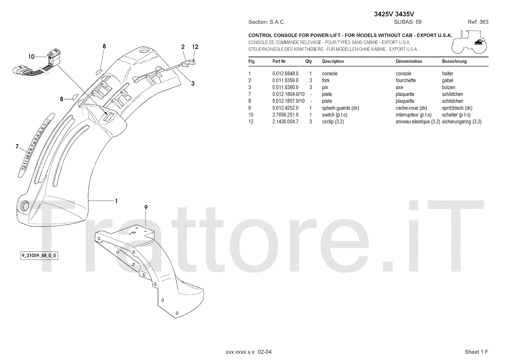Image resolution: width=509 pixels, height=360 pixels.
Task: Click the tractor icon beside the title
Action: tap(469, 42)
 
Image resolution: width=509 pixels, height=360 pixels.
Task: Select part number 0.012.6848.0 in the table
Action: tap(285, 74)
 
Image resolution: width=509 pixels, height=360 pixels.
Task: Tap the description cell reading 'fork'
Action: tap(326, 81)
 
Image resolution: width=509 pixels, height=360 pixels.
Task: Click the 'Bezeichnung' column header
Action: tap(454, 61)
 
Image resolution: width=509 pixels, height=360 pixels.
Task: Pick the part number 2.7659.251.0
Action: tap(285, 115)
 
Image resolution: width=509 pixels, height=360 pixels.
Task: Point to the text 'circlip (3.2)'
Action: tap(333, 122)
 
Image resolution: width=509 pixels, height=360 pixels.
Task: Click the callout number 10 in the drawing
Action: tap(31, 57)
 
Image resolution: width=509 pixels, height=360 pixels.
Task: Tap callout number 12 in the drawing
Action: tap(195, 47)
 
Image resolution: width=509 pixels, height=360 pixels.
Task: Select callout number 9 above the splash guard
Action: tap(146, 207)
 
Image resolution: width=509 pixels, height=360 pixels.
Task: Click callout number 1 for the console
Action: tap(116, 201)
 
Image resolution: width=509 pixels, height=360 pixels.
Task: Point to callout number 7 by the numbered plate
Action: tap(17, 146)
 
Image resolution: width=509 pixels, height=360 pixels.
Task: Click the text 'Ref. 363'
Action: tap(478, 22)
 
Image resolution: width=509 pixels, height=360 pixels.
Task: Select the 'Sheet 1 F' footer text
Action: tap(476, 352)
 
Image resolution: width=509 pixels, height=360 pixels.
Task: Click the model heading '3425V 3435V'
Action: tap(394, 14)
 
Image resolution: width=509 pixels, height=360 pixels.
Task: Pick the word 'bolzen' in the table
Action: tap(449, 88)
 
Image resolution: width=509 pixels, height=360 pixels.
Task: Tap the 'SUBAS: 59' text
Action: tap(408, 22)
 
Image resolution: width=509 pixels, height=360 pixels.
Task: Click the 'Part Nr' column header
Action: tap(279, 61)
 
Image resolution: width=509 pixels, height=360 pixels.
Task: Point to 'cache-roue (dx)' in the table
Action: tap(411, 108)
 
